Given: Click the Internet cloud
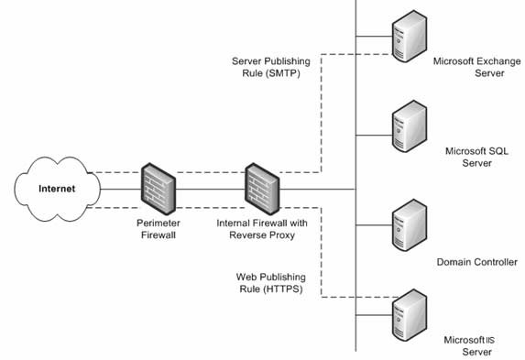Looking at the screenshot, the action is click(x=57, y=189).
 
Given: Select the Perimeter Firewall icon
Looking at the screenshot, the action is click(x=158, y=189).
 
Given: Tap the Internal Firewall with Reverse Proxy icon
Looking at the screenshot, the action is click(x=262, y=189).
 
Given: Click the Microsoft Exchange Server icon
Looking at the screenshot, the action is click(x=410, y=36).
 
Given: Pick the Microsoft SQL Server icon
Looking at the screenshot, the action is click(x=410, y=126).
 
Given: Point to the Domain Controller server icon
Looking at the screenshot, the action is click(x=410, y=225).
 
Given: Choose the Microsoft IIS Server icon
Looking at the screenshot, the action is click(x=410, y=315).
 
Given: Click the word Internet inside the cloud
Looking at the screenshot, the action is click(x=57, y=189).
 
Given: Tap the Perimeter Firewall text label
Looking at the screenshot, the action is click(x=159, y=229).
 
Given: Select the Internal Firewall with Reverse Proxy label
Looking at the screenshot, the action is click(x=262, y=229).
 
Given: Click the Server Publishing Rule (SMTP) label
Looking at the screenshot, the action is click(x=271, y=67).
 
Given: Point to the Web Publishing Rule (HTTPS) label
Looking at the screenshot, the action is click(x=271, y=283).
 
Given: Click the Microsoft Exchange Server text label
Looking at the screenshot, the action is click(x=476, y=67).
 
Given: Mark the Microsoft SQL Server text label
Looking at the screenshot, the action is click(x=476, y=157).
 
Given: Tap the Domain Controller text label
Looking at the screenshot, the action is click(x=476, y=262).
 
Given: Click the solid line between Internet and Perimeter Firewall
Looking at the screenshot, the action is click(x=121, y=190).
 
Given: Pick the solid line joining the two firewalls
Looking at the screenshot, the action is click(x=210, y=190).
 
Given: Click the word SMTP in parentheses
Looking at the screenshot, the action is click(x=283, y=73).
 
